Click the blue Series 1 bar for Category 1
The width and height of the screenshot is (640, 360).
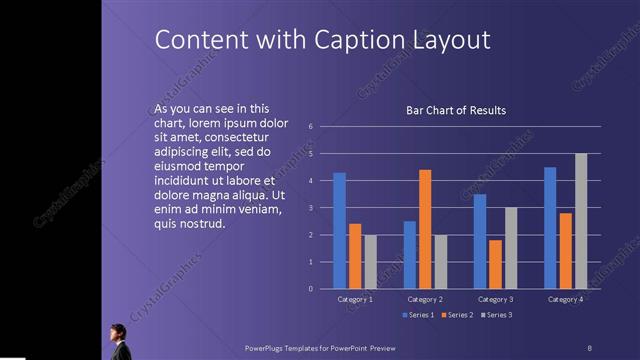point(339,231)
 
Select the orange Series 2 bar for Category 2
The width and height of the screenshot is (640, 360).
point(425,229)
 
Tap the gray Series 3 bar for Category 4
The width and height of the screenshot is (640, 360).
point(581,221)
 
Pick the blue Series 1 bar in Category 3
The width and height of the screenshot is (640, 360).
point(480,241)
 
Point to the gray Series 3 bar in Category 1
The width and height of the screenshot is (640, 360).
point(370,262)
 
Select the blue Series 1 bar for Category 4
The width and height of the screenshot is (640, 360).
point(550,228)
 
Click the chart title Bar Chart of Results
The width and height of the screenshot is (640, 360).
point(455,110)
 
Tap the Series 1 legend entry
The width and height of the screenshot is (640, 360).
point(418,315)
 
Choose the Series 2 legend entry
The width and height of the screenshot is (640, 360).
point(457,315)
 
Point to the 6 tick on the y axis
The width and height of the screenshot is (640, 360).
point(311,127)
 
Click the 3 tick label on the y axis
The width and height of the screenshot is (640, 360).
point(311,208)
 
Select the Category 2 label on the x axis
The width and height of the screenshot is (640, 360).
point(425,299)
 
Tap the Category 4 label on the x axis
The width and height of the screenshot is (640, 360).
point(565,299)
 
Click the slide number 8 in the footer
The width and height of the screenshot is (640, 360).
point(589,347)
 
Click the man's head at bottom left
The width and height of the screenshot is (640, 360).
point(117,330)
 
